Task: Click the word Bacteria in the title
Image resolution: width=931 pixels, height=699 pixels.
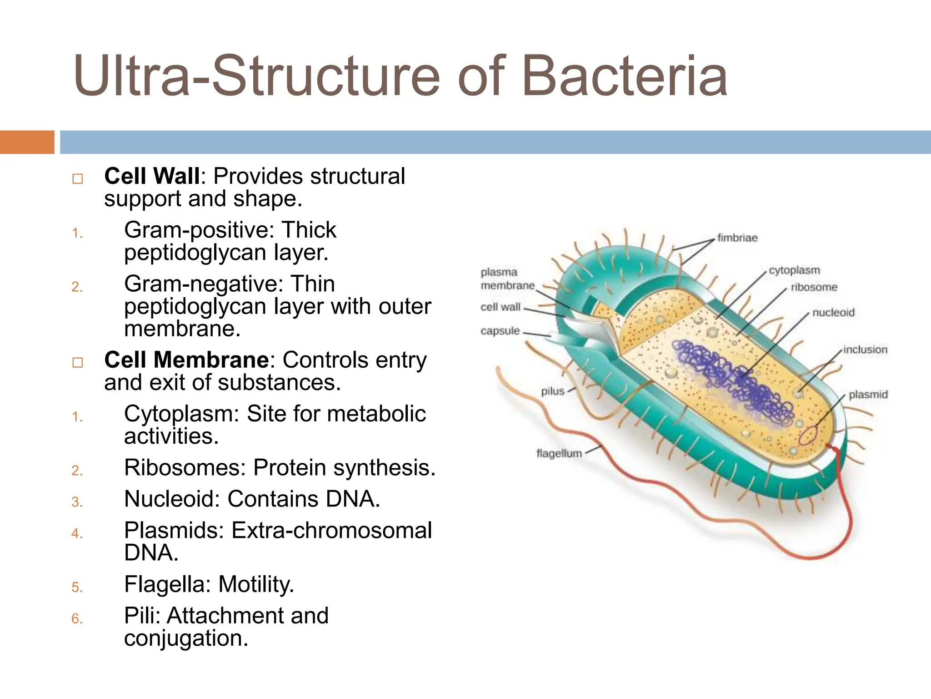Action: [x=625, y=76]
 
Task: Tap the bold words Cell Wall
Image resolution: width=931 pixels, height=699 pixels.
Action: [x=152, y=177]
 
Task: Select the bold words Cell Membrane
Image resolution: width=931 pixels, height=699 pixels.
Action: [x=187, y=360]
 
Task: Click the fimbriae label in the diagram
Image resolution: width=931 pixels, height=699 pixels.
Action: [x=737, y=238]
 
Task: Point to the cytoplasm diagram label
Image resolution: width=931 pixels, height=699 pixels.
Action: [x=794, y=270]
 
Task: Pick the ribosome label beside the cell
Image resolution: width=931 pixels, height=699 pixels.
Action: [x=814, y=288]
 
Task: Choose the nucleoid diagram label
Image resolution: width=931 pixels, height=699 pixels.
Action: [x=833, y=313]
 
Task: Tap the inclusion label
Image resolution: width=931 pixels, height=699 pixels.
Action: [x=865, y=350]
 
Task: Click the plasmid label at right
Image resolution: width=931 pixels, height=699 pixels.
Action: [x=868, y=395]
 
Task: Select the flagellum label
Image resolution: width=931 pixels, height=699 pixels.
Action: [x=559, y=454]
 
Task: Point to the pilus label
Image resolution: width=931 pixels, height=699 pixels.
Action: [x=552, y=391]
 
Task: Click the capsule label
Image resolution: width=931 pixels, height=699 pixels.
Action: [x=500, y=331]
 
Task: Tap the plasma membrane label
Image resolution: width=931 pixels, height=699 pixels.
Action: [x=507, y=279]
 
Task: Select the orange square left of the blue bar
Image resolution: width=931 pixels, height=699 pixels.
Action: [x=27, y=142]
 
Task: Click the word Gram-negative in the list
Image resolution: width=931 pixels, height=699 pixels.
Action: [x=200, y=284]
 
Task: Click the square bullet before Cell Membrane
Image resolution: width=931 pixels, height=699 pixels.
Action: [x=78, y=363]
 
